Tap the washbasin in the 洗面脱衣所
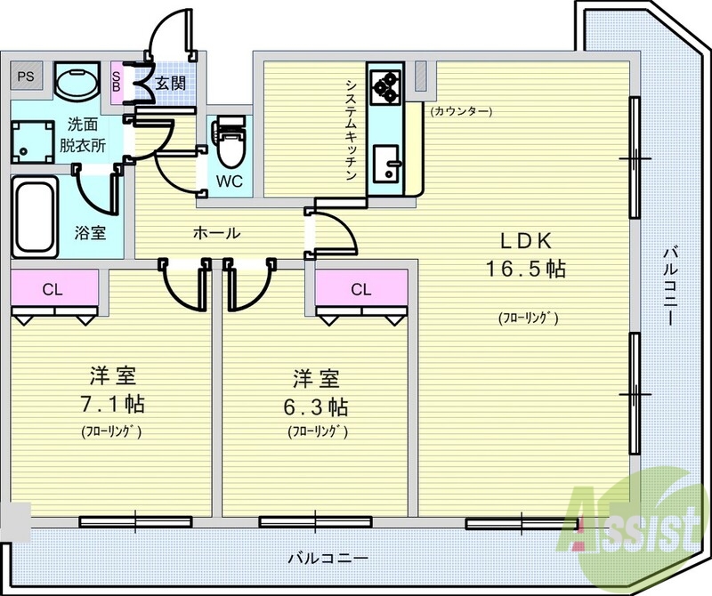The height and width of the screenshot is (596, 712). coord(77,83)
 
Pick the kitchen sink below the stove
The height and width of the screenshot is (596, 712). coord(387,161)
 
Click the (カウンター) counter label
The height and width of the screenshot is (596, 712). coord(461,111)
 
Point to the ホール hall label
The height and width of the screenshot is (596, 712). coord(216,234)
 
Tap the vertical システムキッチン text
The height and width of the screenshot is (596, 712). coord(352,129)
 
